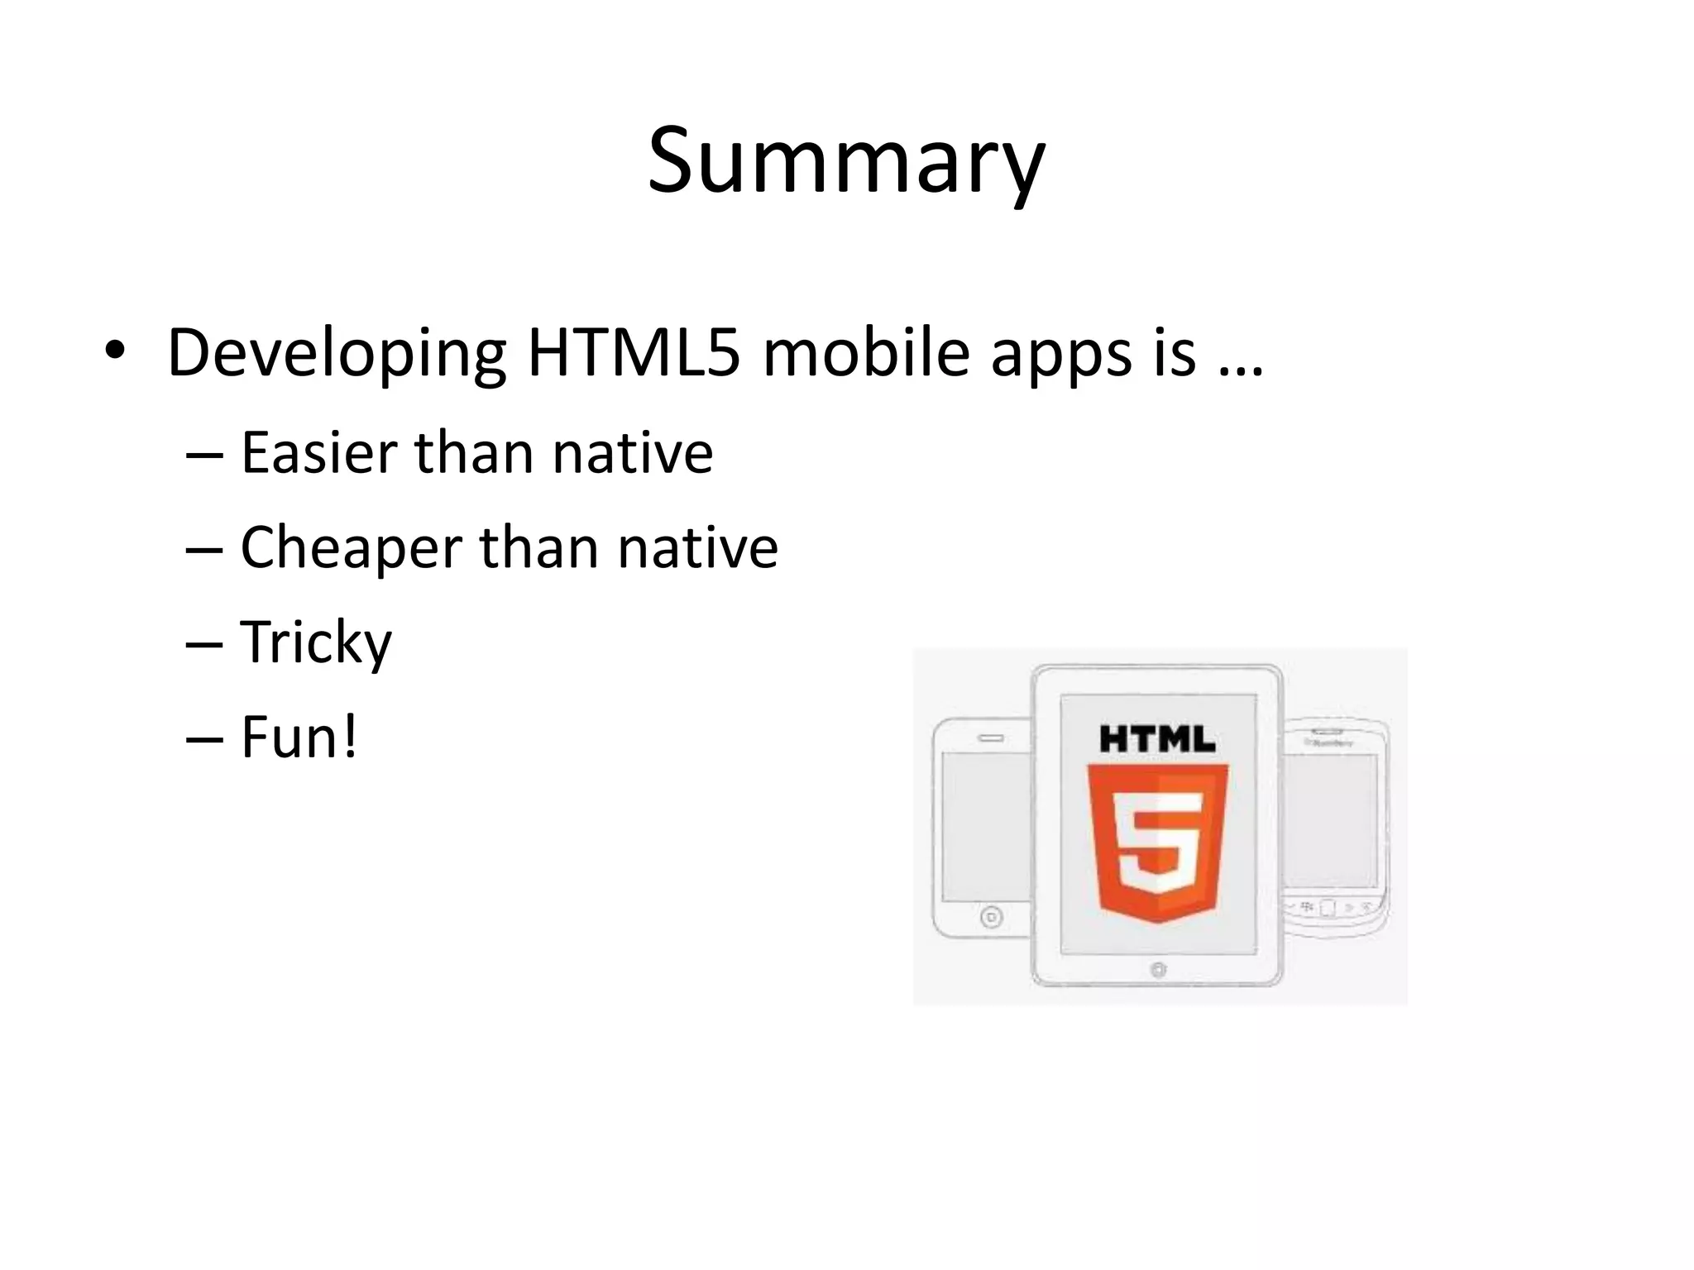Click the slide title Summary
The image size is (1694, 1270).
846,161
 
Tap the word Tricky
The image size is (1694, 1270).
316,643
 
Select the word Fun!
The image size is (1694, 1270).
299,737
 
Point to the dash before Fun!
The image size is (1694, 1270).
204,739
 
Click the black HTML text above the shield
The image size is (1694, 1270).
1157,738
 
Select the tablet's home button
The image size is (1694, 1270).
1158,970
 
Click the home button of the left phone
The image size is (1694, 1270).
991,917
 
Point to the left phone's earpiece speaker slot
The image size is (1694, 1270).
991,738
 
